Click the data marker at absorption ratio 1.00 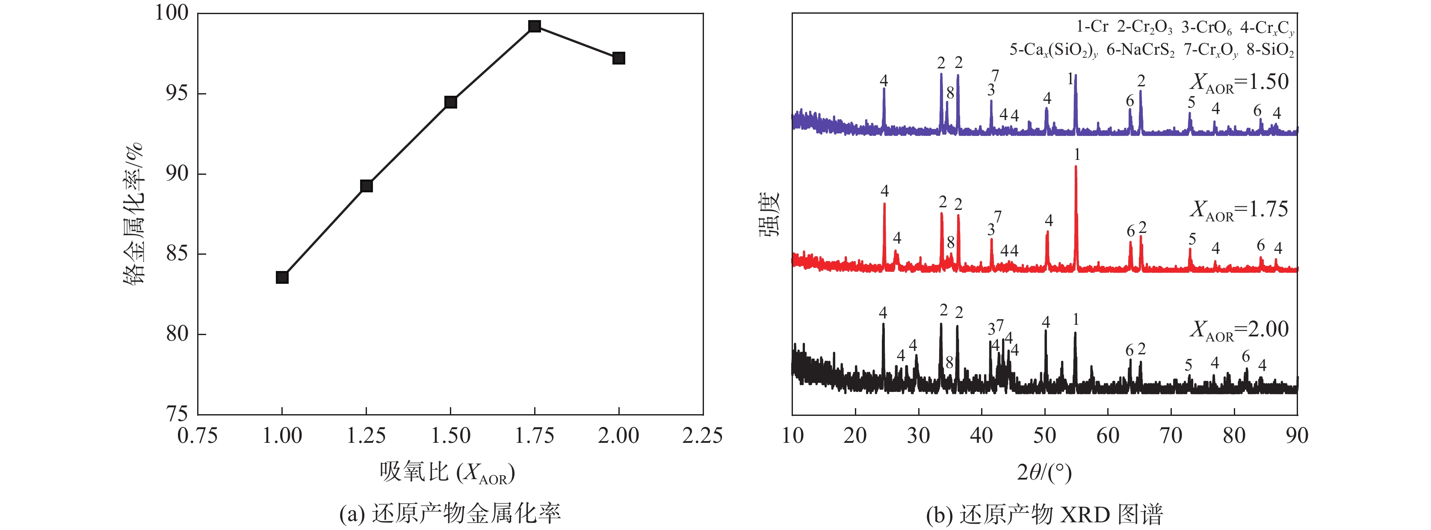(x=282, y=277)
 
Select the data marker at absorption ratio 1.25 (x=366, y=186)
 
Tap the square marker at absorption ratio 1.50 (x=450, y=102)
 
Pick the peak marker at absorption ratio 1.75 (x=535, y=26)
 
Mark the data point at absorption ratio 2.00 (x=618, y=58)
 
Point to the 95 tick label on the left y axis (x=177, y=93)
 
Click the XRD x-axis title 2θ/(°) (x=1044, y=472)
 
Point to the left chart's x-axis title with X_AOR (x=447, y=473)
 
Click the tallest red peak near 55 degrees (x=1076, y=168)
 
